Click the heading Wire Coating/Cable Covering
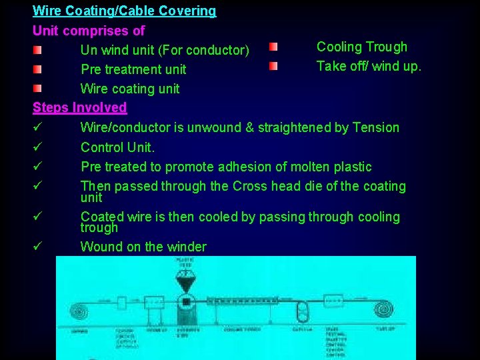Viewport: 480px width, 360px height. click(124, 11)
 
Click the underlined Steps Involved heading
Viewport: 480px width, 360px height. click(79, 107)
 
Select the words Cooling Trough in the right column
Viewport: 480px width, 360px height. click(361, 47)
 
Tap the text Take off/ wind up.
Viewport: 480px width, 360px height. click(369, 66)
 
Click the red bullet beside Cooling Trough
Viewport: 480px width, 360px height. click(273, 47)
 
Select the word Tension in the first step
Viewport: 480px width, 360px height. click(375, 127)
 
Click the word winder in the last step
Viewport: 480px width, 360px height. click(187, 247)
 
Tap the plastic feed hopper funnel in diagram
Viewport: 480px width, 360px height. click(185, 284)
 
